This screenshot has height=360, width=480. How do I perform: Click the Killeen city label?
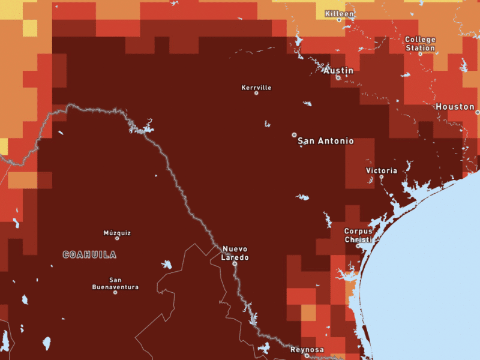[340, 13]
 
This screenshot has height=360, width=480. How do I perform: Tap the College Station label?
[420, 44]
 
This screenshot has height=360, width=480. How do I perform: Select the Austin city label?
[338, 70]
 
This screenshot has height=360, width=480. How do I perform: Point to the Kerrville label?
[256, 88]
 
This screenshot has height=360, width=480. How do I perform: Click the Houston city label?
[455, 106]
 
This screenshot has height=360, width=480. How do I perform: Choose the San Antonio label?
[326, 141]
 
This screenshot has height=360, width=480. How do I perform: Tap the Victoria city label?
[382, 170]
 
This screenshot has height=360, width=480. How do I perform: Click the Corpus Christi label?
[358, 235]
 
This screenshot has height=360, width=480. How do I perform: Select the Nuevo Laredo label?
[235, 253]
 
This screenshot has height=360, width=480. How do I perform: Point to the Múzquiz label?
[117, 233]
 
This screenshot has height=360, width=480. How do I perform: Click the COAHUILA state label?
[90, 254]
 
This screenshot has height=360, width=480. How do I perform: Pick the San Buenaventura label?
[115, 283]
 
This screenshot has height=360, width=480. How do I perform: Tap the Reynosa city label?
[307, 349]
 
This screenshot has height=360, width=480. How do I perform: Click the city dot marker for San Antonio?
[294, 134]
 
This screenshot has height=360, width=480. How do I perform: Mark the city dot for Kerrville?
[256, 93]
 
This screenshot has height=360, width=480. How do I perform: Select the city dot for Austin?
[338, 77]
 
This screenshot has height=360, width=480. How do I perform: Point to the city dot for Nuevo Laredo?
[235, 263]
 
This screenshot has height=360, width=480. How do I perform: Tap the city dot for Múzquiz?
[117, 238]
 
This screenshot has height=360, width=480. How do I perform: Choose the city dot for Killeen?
[339, 20]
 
